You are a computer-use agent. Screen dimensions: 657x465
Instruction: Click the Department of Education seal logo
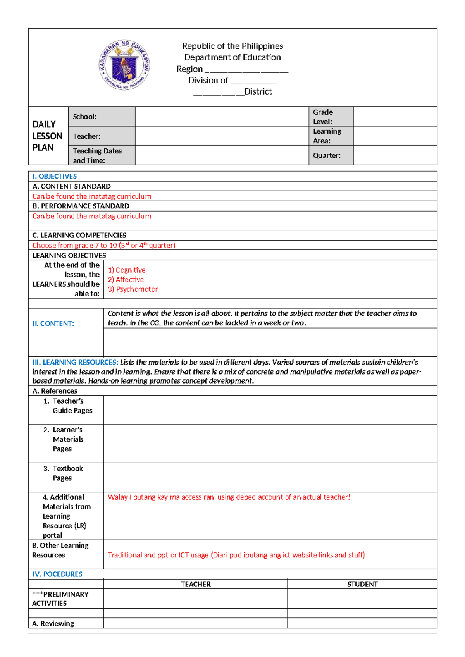pos(124,65)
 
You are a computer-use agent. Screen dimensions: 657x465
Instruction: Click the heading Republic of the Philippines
pos(232,46)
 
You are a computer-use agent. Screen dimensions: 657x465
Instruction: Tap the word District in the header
pos(258,92)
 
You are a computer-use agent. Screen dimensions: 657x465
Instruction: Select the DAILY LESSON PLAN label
pos(47,136)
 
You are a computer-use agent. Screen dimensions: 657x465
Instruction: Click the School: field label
pos(85,117)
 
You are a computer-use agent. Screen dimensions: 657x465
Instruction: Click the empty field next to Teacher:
pos(222,136)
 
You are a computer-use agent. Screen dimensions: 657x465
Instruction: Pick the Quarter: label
pos(327,155)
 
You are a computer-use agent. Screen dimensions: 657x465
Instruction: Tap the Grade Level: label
pos(323,117)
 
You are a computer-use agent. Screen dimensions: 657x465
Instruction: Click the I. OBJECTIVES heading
pos(55,176)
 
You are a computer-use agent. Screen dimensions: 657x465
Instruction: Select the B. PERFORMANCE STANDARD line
pos(81,206)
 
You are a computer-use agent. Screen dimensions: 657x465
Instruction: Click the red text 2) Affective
pos(126,280)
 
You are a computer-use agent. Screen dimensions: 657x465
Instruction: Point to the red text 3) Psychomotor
pos(133,289)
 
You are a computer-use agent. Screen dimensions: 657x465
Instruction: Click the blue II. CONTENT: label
pos(53,323)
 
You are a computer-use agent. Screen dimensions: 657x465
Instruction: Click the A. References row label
pos(55,391)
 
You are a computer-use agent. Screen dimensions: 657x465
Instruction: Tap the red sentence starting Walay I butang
pos(229,497)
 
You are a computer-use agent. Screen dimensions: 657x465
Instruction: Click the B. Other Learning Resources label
pos(60,550)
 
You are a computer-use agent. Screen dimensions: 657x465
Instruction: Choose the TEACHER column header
pos(196,584)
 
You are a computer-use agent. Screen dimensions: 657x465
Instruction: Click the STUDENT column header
pos(362,584)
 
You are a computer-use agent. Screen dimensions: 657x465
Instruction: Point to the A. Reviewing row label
pos(53,623)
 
